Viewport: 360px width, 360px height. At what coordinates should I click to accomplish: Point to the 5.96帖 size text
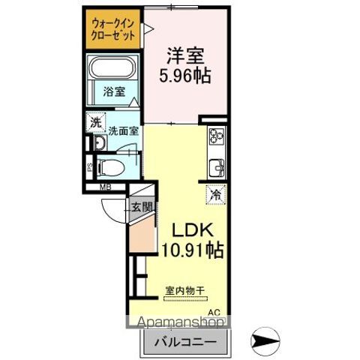tap(184, 75)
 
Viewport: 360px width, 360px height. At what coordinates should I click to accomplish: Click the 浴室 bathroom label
tap(114, 93)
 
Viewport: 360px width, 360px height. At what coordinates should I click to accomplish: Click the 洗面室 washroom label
tap(123, 130)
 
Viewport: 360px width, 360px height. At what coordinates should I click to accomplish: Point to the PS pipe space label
tap(89, 168)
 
